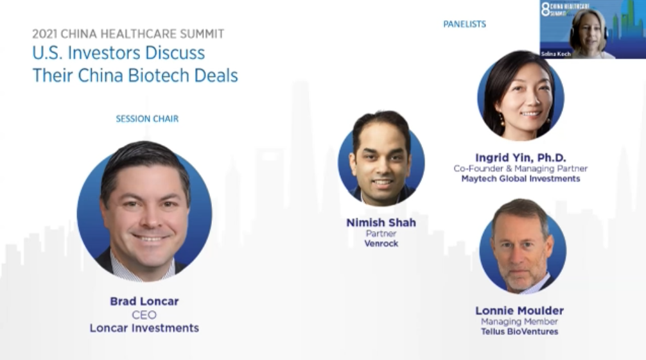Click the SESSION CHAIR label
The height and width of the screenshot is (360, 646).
(x=147, y=119)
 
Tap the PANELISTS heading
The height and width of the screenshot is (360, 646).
(x=464, y=24)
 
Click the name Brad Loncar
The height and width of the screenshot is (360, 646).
(x=144, y=301)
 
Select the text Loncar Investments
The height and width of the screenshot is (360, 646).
(x=144, y=328)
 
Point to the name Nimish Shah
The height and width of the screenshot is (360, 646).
(x=381, y=223)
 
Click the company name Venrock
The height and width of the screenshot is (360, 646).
(x=381, y=243)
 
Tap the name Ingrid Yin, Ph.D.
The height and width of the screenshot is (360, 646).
(x=521, y=158)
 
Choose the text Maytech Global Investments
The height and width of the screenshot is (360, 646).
(x=521, y=179)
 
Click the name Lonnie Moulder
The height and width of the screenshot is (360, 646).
(x=519, y=311)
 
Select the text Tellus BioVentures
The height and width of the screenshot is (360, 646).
(x=519, y=332)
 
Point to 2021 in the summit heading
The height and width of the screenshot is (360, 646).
(x=44, y=34)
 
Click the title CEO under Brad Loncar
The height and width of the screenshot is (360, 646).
(x=144, y=315)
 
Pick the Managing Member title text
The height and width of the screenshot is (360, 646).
(x=519, y=321)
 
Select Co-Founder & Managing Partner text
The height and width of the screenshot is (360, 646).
(x=521, y=169)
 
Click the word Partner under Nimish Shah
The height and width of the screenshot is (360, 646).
(x=381, y=234)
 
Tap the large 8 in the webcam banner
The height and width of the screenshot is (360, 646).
(x=545, y=9)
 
